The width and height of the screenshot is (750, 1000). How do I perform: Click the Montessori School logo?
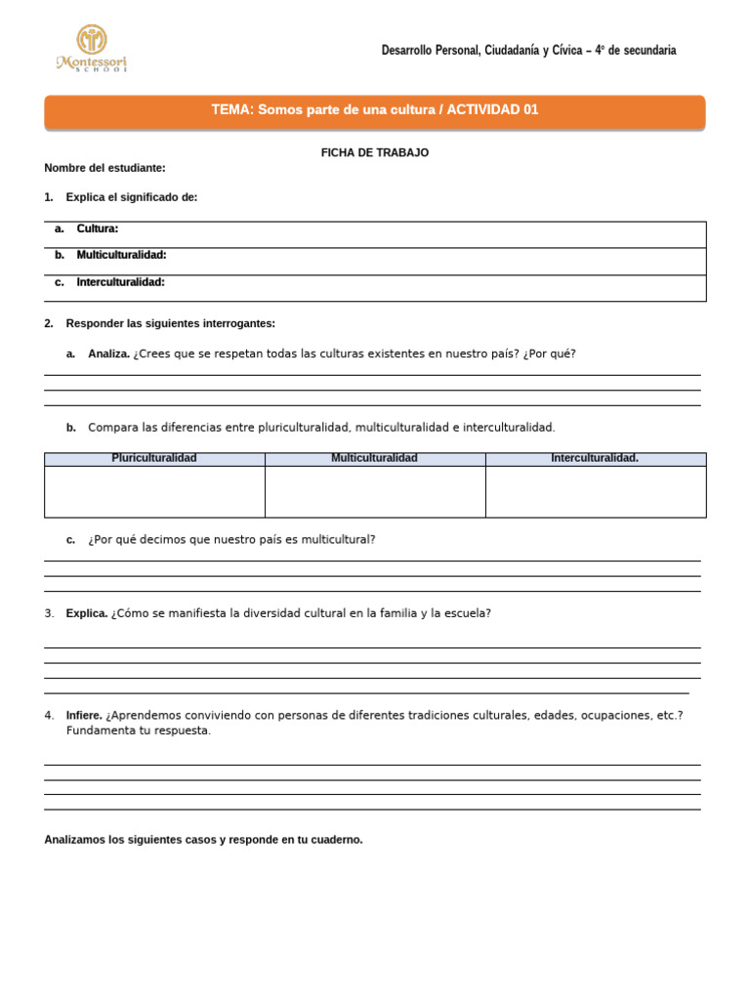coord(92,49)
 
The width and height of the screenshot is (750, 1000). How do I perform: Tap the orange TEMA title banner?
coord(375,111)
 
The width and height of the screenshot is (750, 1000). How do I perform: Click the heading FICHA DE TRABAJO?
coord(375,153)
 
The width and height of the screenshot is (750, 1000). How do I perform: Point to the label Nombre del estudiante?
coord(104,168)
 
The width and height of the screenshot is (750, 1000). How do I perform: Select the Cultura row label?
coord(98,229)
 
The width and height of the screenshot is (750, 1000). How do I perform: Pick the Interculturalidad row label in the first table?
coord(120,282)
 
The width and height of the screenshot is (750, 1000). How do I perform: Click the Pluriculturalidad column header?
coord(154,458)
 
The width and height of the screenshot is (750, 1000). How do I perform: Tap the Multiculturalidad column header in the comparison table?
coord(374,458)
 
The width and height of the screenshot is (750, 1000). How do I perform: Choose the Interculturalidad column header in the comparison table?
coord(595,458)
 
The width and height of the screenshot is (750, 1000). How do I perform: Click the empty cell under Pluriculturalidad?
coord(154,491)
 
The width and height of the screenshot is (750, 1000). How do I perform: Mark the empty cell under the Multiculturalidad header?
coord(375,491)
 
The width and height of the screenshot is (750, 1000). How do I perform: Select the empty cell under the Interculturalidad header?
coord(596,491)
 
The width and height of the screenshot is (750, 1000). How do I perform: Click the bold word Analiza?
coord(108,354)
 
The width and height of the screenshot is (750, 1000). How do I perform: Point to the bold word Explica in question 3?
coord(86,613)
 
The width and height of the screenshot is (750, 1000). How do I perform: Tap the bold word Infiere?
coord(84,715)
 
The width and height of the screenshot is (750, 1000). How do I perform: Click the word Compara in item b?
coord(113,428)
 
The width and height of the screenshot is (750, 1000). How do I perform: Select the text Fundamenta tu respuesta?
coord(138,730)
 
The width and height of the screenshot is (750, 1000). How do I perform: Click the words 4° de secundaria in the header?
coord(635,50)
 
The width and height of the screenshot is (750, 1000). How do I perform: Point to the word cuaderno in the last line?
coord(337,840)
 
